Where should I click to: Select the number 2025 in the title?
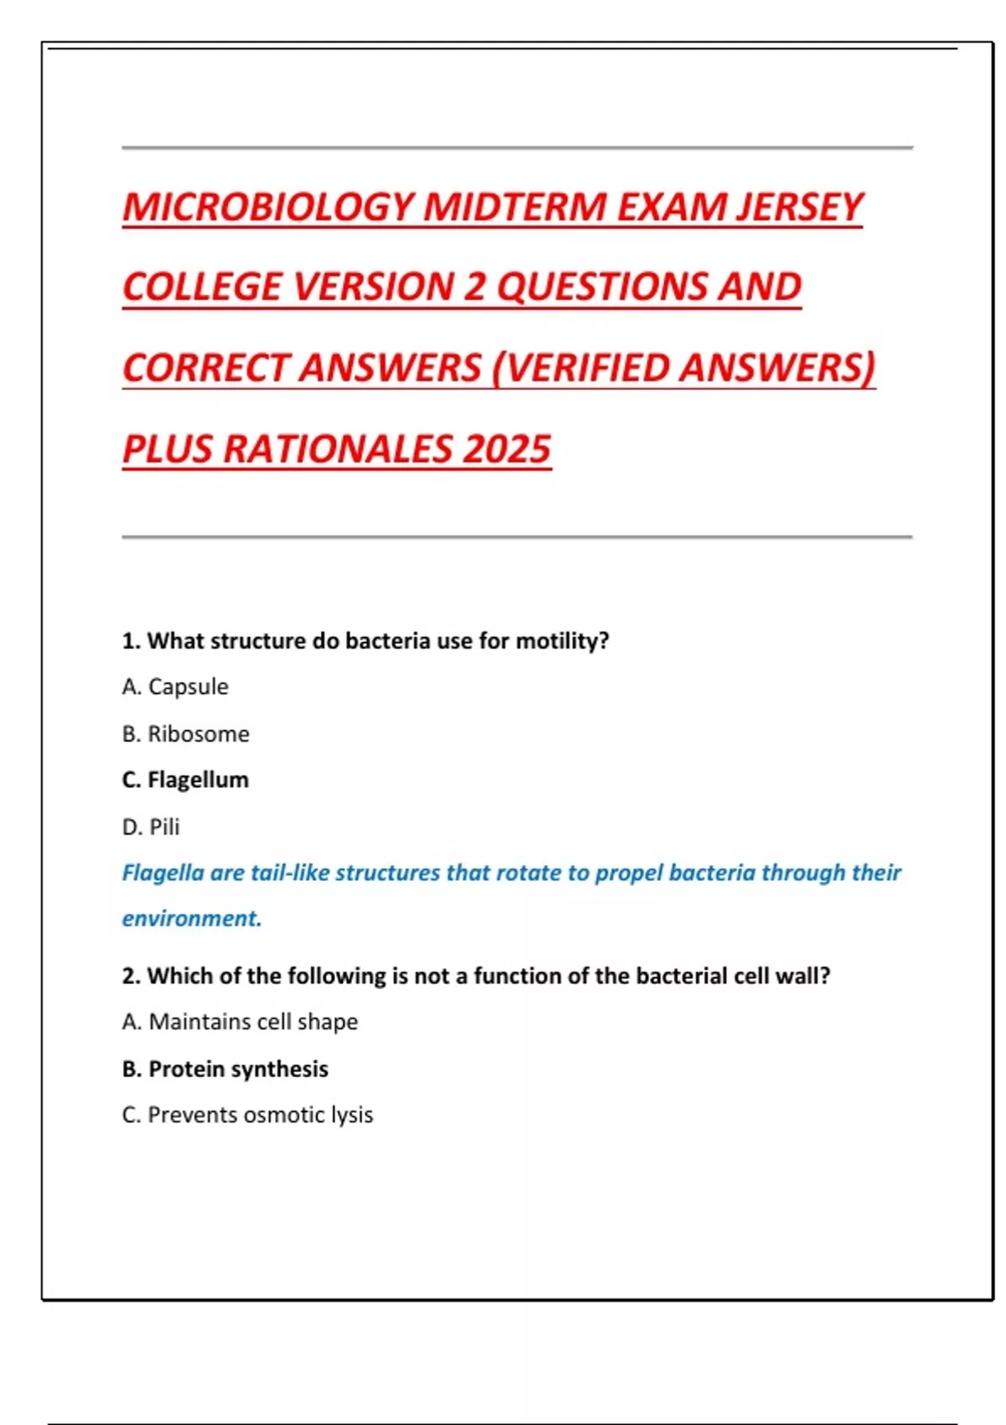point(506,448)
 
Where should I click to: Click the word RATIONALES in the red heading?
point(338,448)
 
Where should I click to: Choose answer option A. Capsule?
point(175,687)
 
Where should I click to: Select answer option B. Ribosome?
point(185,733)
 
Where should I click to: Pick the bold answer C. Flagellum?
point(185,780)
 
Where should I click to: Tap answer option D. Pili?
point(151,826)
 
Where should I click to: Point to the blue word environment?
point(191,919)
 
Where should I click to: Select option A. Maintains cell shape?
point(240,1022)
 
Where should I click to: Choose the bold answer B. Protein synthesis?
point(225,1069)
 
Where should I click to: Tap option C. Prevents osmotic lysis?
point(247,1115)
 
